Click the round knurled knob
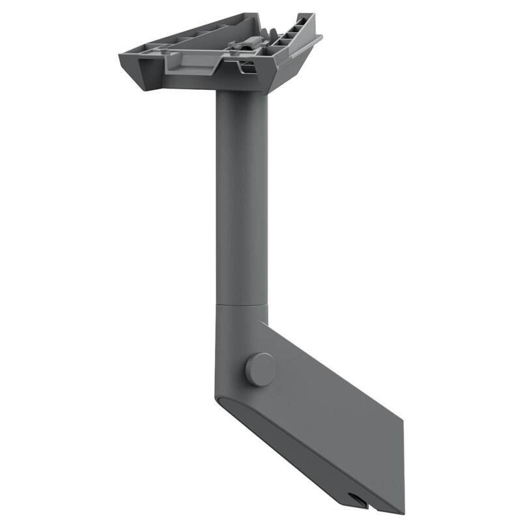[260, 369]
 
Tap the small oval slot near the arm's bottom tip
[356, 500]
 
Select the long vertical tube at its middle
[241, 195]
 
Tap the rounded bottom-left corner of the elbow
[220, 397]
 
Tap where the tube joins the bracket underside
[241, 92]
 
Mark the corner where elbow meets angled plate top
[266, 323]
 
